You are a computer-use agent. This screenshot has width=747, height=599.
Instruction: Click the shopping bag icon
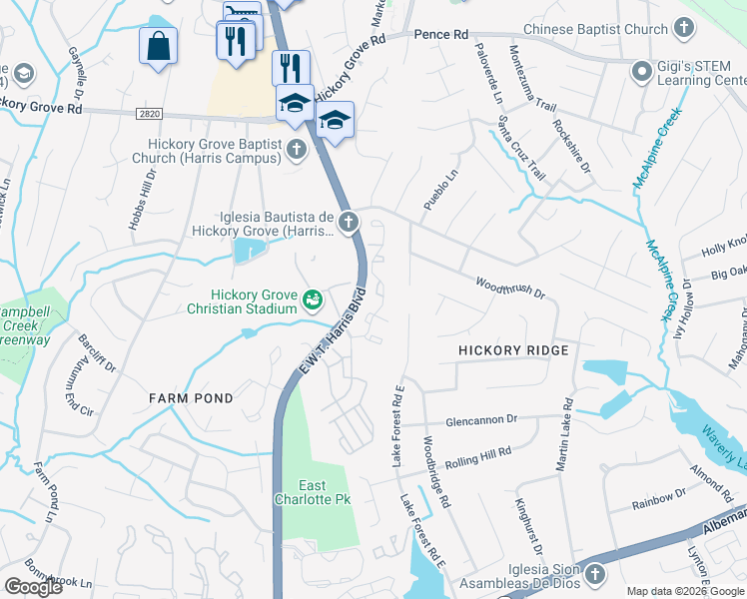coord(158,46)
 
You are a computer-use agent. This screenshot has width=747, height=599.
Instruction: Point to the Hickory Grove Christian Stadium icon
coord(313,299)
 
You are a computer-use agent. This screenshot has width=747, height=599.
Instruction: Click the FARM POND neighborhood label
coord(191,398)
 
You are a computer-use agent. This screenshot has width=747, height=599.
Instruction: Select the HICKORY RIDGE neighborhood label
coord(513,350)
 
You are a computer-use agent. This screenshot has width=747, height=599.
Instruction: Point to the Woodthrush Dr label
coord(509,288)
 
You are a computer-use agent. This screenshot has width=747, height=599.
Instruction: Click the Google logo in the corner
coord(33,587)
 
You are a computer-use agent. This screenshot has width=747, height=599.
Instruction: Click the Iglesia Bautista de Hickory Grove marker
coord(348,222)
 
